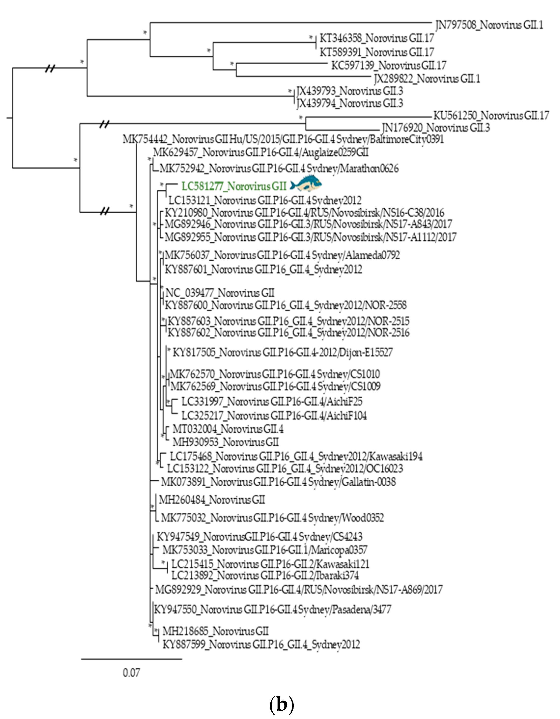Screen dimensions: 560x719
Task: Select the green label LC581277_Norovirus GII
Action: coord(234,186)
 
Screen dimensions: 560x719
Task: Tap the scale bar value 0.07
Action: coord(131,673)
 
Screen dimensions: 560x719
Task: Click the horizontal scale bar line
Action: coord(131,659)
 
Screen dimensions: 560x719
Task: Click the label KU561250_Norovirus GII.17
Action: coord(491,116)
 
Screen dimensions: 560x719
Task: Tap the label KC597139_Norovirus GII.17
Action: coord(389,66)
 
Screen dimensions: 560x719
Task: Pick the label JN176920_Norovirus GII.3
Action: coord(436,127)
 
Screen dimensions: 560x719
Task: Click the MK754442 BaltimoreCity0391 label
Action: coord(283,139)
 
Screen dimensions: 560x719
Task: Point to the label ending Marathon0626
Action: coord(279,169)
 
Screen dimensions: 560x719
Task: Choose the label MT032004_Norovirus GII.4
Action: coord(228,429)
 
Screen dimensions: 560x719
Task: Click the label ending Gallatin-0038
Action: coord(278,482)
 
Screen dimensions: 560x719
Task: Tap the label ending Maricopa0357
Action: coord(265,549)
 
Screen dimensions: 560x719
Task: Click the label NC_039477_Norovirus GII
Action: coord(220,293)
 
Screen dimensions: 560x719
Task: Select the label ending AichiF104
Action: coord(274,415)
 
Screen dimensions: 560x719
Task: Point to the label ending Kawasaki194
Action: coord(296,456)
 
